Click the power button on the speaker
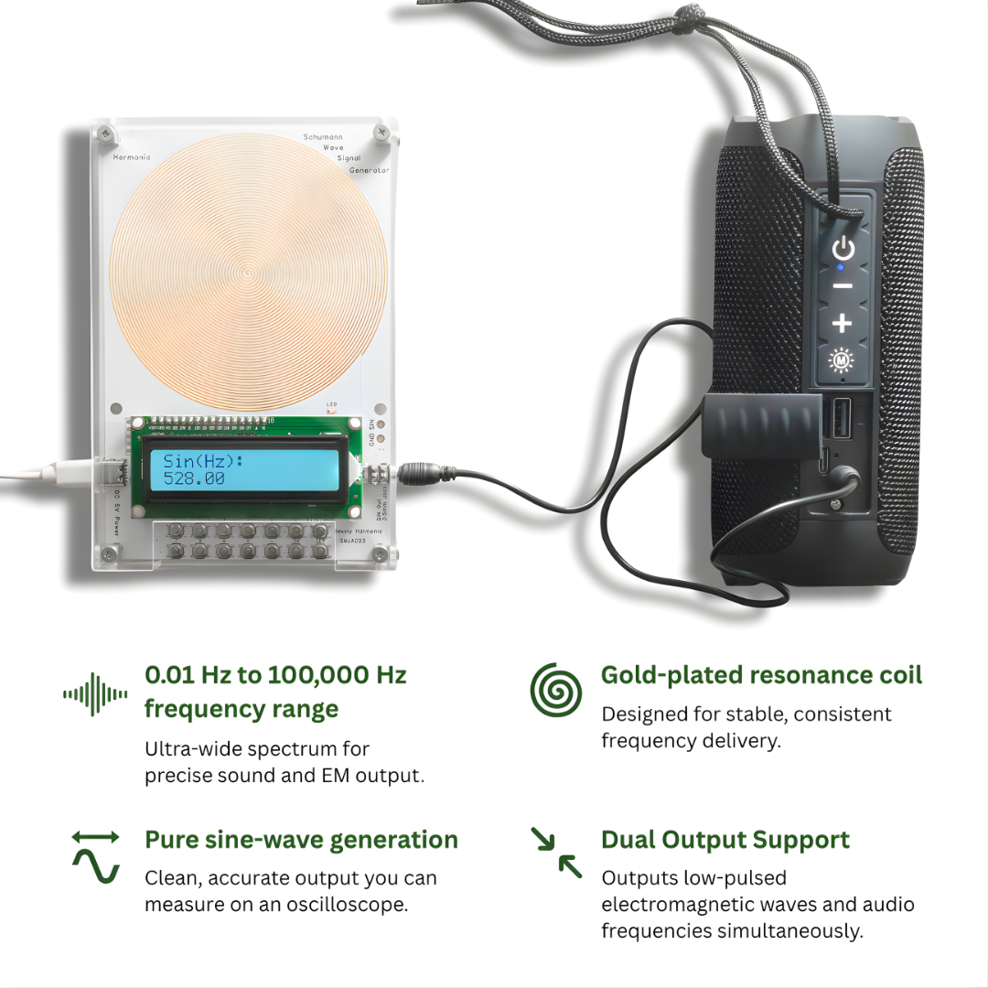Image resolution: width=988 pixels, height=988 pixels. [843, 248]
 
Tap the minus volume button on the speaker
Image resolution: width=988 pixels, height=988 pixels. [843, 286]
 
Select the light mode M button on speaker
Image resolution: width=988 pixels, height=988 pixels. [842, 360]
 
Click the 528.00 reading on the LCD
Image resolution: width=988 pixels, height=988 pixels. [194, 478]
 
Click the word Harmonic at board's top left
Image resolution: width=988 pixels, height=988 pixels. [131, 157]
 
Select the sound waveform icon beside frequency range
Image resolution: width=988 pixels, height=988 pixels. [95, 694]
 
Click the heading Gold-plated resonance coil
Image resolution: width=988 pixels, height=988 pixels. [761, 675]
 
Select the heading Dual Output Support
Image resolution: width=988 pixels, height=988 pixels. [725, 840]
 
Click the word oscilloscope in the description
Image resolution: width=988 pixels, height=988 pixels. [354, 905]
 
